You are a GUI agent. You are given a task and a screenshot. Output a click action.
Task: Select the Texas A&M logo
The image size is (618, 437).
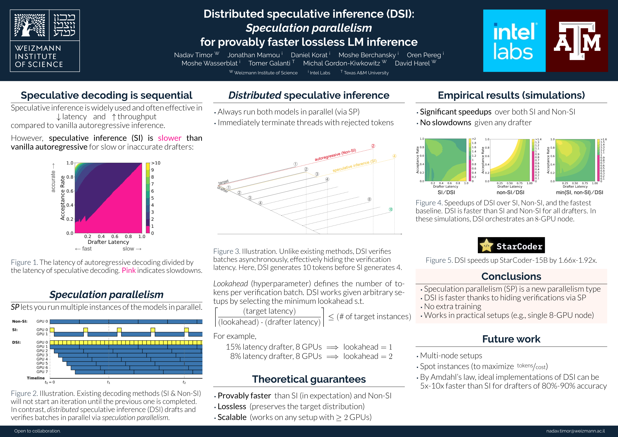(577, 41)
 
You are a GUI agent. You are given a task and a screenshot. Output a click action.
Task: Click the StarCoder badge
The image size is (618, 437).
(511, 245)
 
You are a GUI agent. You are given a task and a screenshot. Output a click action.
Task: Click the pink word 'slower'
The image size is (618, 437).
(170, 138)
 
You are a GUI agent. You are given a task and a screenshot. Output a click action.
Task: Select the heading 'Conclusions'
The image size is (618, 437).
(511, 276)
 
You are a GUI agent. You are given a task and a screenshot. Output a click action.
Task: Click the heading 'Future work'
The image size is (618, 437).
(511, 339)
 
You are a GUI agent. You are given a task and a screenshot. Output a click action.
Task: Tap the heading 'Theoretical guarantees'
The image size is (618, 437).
(309, 379)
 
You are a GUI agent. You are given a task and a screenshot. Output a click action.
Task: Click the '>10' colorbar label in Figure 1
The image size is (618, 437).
(156, 163)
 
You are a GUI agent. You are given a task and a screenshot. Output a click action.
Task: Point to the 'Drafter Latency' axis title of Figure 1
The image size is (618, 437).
(108, 242)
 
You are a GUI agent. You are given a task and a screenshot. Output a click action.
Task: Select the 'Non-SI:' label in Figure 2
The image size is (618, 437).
(20, 321)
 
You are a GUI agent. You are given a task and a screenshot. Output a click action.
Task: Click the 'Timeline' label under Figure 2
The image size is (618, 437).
(36, 378)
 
